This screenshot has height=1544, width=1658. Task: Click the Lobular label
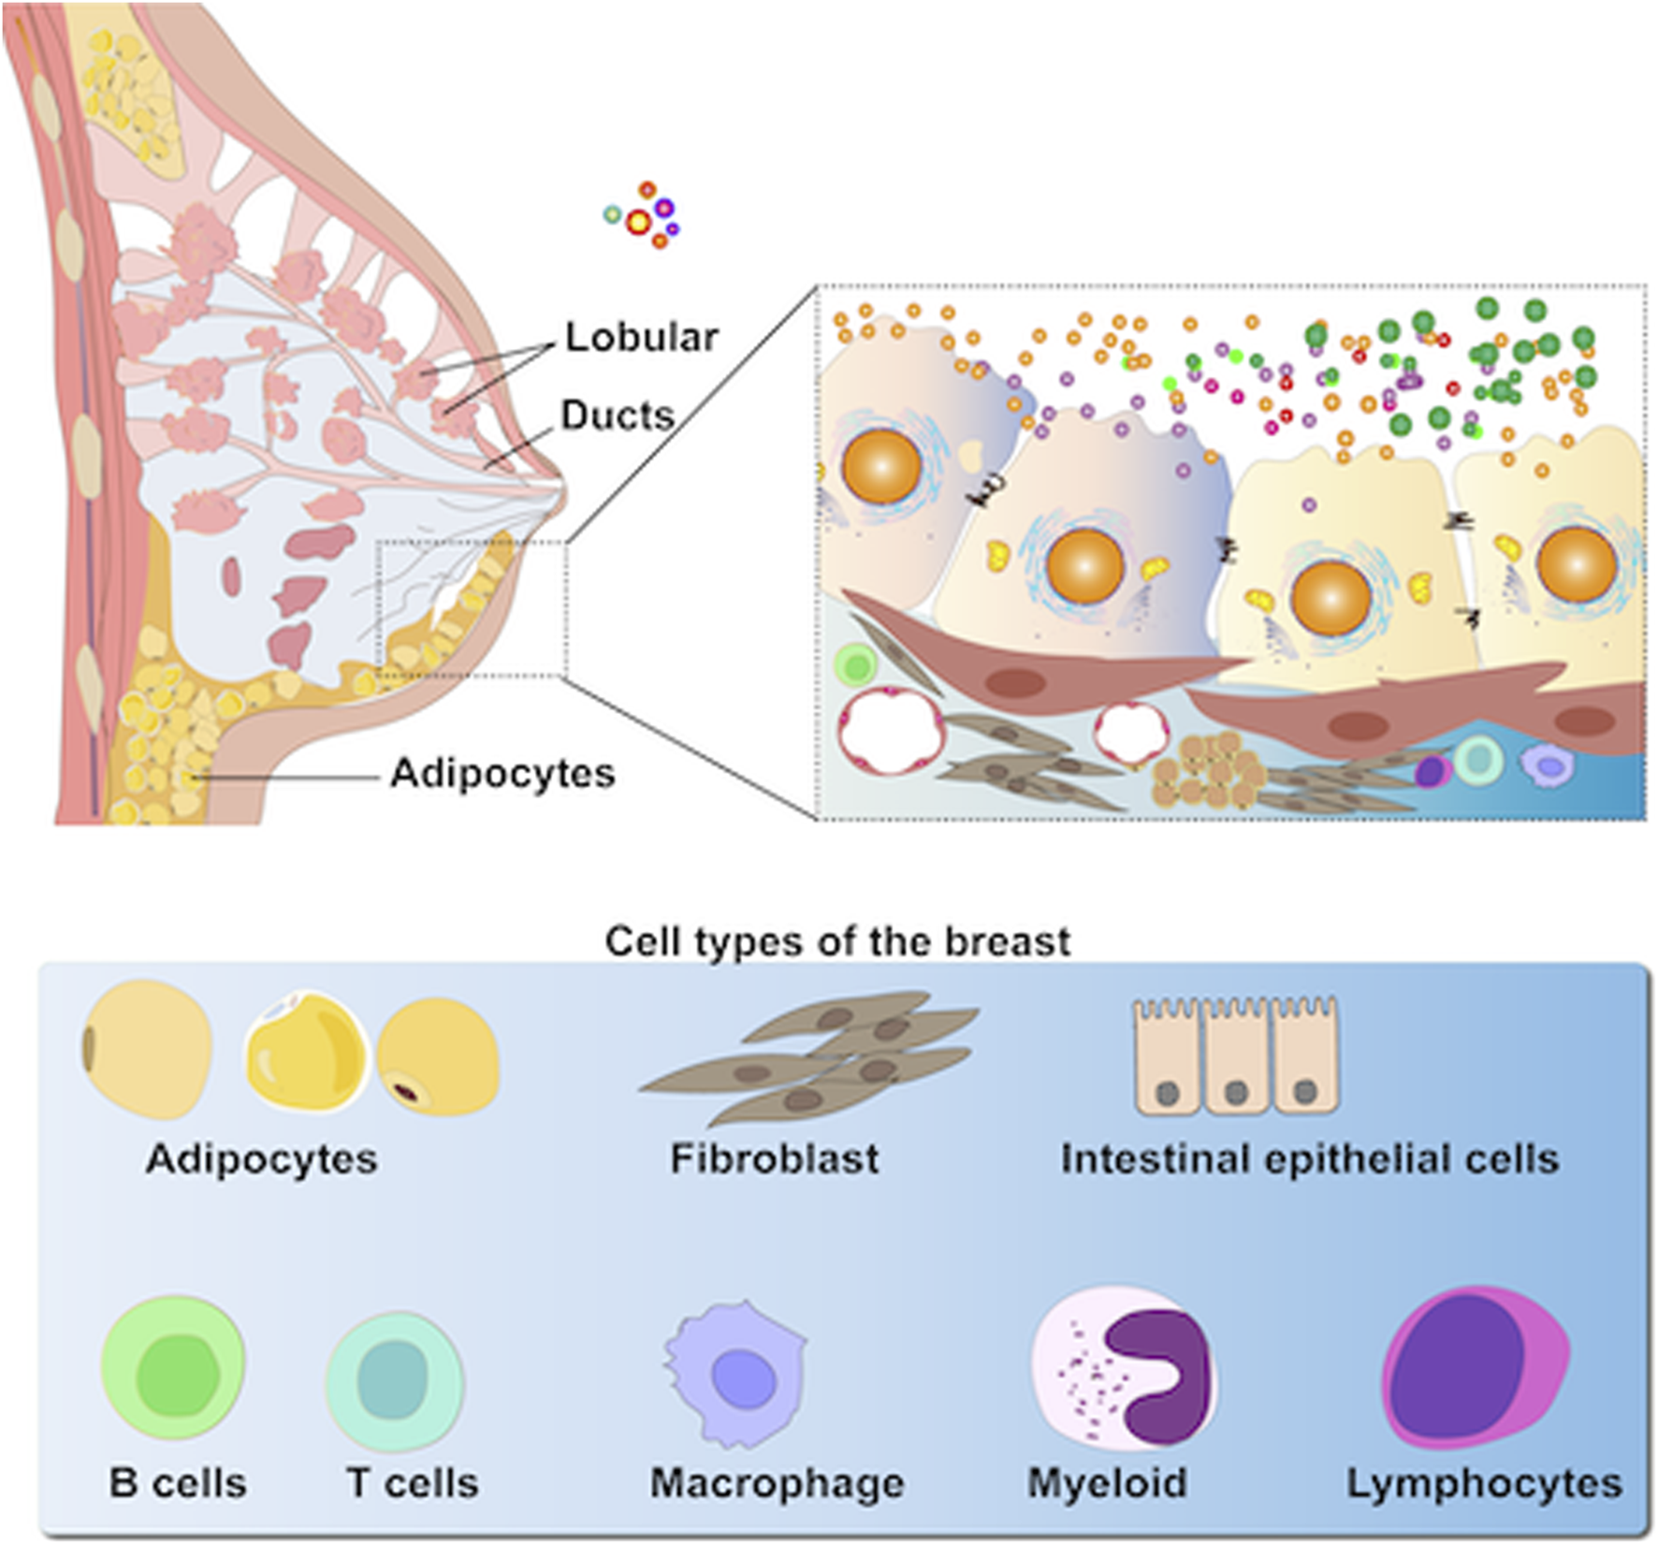(641, 338)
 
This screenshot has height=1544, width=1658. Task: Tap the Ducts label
(617, 415)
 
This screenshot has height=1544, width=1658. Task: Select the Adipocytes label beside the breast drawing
(502, 774)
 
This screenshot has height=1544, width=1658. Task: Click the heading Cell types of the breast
(837, 941)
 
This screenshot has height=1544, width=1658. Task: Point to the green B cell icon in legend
(173, 1372)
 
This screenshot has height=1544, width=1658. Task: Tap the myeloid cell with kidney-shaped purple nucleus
(1122, 1367)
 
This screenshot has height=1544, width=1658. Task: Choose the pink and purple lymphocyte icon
(1476, 1367)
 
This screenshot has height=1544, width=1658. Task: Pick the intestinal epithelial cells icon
(1236, 1056)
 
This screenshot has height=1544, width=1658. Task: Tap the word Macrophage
(777, 1484)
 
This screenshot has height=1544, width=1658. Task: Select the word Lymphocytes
(1484, 1484)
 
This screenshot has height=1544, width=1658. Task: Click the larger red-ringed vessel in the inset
(891, 732)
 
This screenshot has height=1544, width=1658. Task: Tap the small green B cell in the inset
(854, 667)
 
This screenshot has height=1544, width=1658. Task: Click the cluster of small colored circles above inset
(644, 216)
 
